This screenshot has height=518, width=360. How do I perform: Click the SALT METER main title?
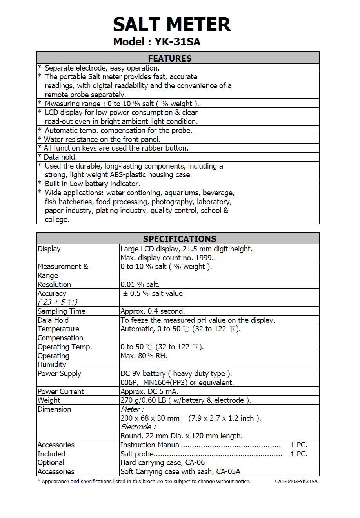coord(172,24)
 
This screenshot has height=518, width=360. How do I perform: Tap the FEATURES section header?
coord(170,58)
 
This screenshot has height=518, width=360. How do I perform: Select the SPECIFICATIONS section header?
coord(180,238)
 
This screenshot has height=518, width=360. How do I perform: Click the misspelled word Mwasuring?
coord(62,104)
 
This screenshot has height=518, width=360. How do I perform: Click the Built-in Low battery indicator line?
coord(92,184)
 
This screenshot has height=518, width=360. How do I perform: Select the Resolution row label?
coord(54,284)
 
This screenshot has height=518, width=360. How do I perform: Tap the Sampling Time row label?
coord(61,311)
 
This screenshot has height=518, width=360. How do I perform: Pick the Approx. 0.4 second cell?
coord(153,311)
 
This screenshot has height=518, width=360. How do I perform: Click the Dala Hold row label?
coord(53,320)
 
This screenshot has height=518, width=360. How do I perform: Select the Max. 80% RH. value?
coord(144,356)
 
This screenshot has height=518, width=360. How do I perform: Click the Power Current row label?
coord(60,391)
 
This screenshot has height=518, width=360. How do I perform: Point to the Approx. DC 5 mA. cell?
coord(149,391)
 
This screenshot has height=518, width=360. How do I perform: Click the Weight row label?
coord(49,400)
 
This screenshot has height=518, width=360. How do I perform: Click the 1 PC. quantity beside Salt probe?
coord(299,454)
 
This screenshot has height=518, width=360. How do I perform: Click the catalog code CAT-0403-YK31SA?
coord(296,482)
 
